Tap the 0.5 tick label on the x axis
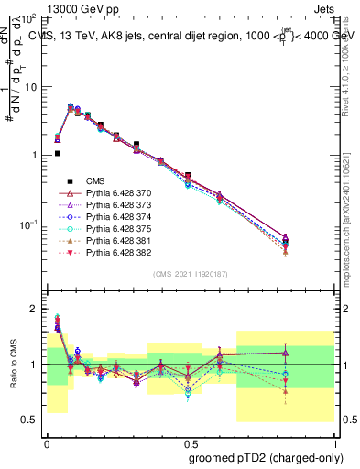point(188,442)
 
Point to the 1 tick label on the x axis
point(333,442)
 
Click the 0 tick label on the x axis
point(46,442)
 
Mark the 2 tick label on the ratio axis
point(33,309)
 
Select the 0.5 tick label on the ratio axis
point(29,420)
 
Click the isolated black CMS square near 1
point(57,154)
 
